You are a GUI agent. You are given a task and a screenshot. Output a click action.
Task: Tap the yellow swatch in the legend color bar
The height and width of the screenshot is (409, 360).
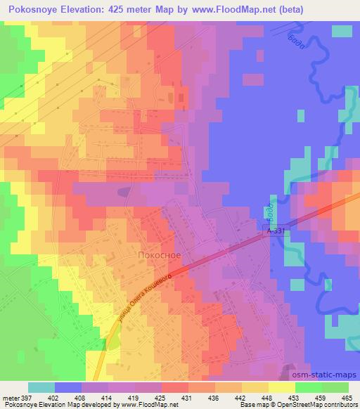(x=281, y=388)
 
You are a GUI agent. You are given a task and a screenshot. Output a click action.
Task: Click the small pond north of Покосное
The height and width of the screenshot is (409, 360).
(x=124, y=190)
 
